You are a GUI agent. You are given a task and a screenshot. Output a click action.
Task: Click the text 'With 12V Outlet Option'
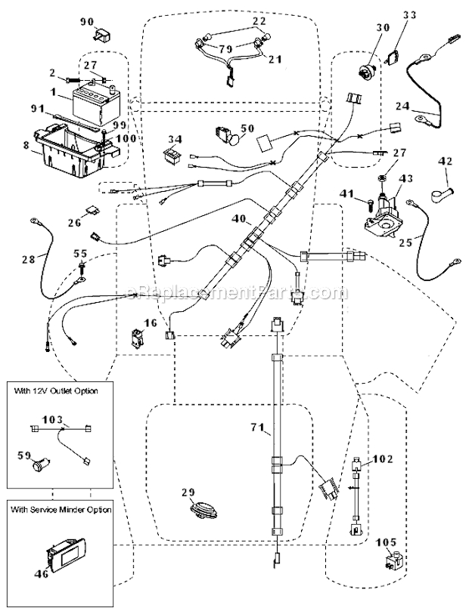pyautogui.click(x=56, y=391)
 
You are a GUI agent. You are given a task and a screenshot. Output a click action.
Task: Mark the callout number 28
pyautogui.click(x=29, y=260)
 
